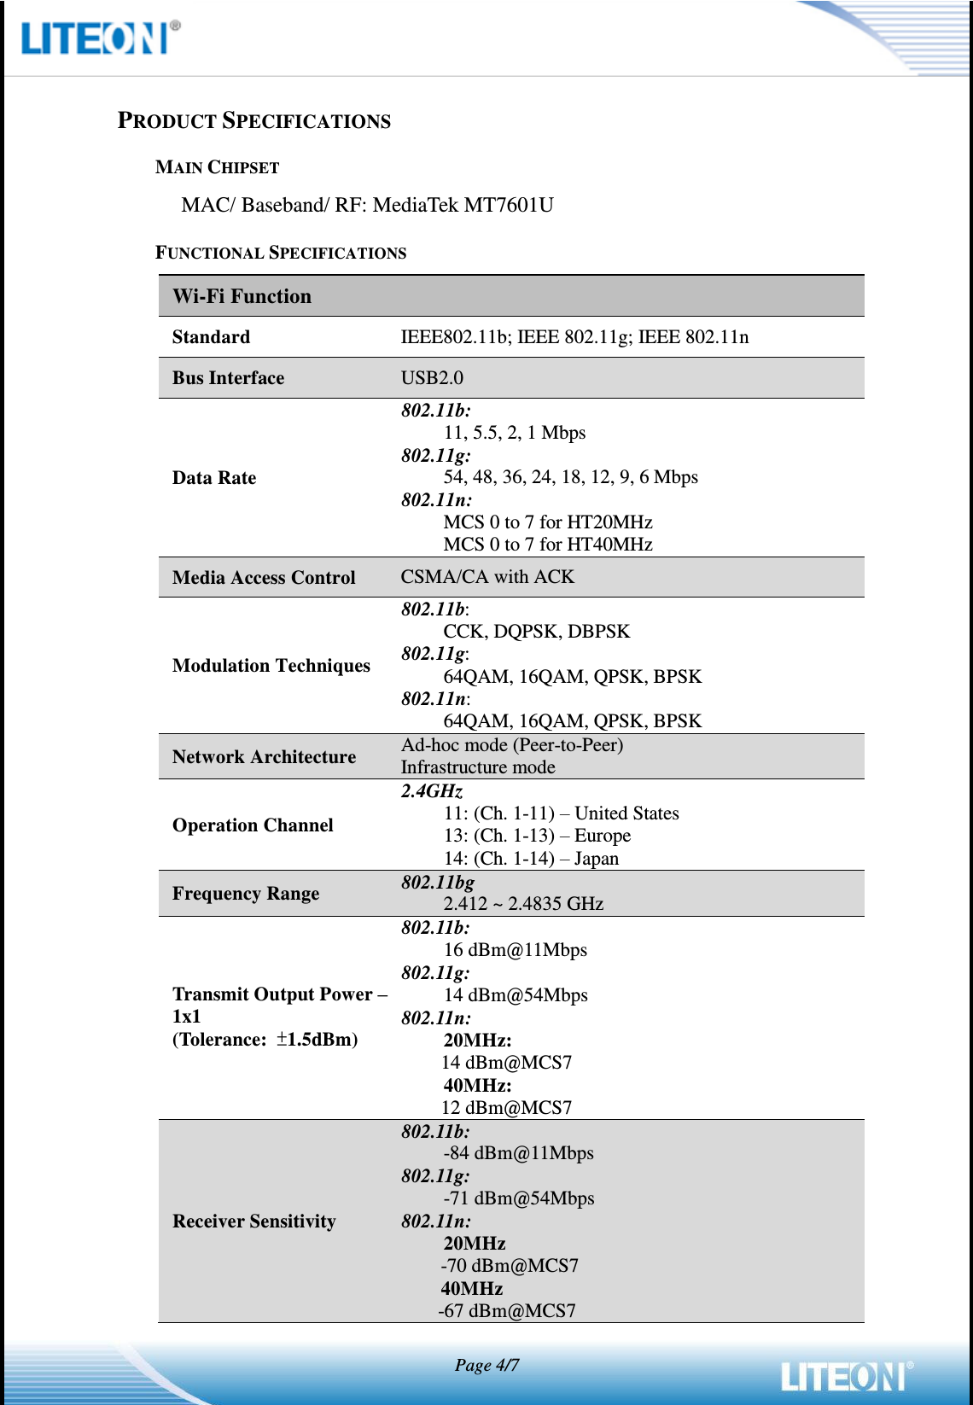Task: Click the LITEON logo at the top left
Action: tap(99, 38)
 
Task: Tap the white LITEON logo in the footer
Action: tap(845, 1375)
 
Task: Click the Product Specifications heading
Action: tap(253, 120)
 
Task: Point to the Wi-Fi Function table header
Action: tap(242, 296)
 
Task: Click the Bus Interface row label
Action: tap(228, 378)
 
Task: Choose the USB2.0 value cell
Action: tap(432, 378)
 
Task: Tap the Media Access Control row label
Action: tap(264, 578)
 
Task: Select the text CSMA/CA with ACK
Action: tap(487, 577)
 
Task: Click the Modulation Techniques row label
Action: tap(271, 666)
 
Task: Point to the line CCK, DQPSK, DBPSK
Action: tap(536, 632)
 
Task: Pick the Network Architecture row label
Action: tap(264, 757)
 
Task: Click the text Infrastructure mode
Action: tap(478, 767)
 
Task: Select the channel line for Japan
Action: tap(531, 859)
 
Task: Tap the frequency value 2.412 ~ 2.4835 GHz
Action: tap(523, 904)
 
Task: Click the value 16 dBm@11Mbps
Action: tap(515, 950)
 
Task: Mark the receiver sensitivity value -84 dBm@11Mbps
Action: tap(518, 1153)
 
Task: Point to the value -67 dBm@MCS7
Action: tap(507, 1311)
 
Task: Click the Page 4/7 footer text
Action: tap(486, 1365)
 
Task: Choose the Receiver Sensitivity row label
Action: tap(254, 1221)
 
